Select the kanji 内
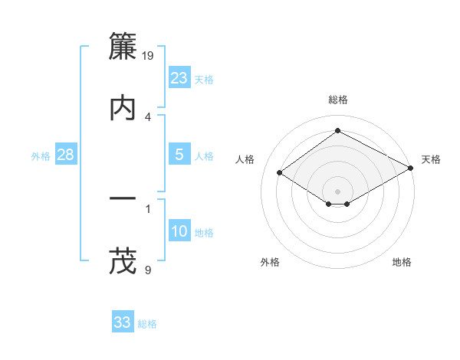123,107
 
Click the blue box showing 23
179,78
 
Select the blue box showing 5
179,155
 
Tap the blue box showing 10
179,231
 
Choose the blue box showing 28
66,155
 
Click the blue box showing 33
123,322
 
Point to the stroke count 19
149,55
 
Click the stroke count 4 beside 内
148,116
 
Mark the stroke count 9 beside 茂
148,270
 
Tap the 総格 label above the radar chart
338,100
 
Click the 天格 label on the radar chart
431,159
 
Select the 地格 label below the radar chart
402,262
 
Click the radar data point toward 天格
411,168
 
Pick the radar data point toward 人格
280,173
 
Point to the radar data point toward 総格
338,131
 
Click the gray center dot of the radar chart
338,191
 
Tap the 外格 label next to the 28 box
41,155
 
